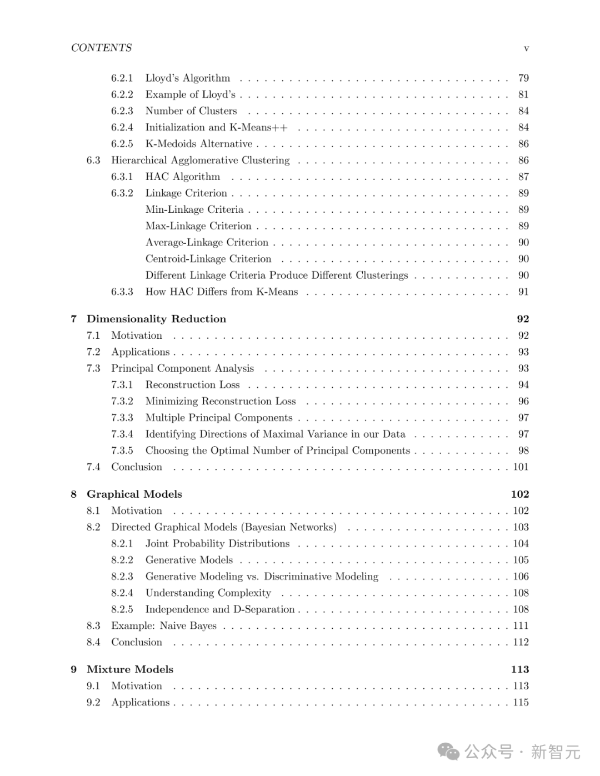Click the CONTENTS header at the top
tap(101, 48)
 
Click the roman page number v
tap(526, 48)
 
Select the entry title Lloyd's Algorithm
tap(187, 78)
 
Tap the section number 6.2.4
tap(122, 127)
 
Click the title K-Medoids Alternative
tap(198, 144)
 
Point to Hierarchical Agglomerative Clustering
tap(200, 160)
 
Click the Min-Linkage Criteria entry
tap(194, 209)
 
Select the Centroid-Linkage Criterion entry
tap(208, 259)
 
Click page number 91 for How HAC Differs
tap(523, 292)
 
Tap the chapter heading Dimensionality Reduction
tap(156, 319)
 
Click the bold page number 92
tap(523, 319)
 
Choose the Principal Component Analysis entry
tap(182, 368)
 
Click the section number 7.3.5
tap(122, 450)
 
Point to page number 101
tap(521, 467)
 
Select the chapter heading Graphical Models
tap(134, 494)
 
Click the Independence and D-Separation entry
tap(220, 609)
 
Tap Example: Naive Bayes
tap(163, 625)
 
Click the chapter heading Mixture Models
tap(129, 669)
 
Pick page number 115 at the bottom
tap(521, 702)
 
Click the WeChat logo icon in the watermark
tap(448, 752)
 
